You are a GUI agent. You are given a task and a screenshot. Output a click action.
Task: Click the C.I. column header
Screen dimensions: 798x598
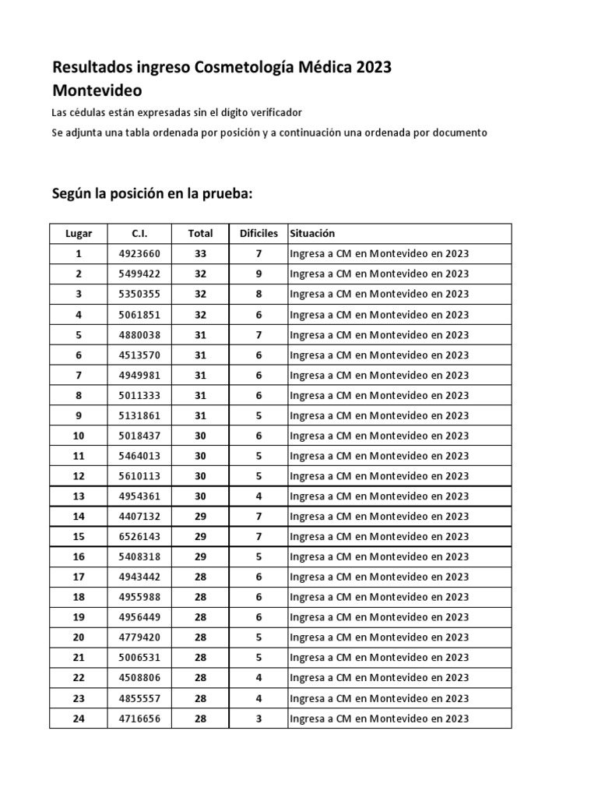point(140,234)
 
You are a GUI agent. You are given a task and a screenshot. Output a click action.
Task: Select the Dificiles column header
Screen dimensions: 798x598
point(259,234)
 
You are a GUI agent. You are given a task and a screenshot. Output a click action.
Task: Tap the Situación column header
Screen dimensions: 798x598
point(312,234)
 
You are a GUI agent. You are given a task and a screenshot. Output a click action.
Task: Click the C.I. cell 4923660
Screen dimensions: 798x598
point(140,254)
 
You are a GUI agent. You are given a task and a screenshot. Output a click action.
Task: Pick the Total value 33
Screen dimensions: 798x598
point(200,254)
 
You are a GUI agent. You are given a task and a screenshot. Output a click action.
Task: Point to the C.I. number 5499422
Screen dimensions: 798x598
point(140,274)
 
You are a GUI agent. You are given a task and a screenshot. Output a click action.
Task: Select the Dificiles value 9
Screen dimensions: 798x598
point(259,274)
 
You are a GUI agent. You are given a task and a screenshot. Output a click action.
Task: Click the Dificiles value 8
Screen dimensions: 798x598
point(259,295)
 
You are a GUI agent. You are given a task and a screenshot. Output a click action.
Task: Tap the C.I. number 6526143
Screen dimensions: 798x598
point(140,537)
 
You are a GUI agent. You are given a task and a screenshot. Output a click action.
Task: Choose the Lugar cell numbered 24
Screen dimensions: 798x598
point(78,719)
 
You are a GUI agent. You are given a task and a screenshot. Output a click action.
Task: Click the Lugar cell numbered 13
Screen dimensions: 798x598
point(78,496)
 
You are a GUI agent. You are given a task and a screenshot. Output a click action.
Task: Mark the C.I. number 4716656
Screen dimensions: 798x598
point(140,719)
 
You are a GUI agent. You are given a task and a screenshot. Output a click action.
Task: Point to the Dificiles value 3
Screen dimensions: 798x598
point(259,719)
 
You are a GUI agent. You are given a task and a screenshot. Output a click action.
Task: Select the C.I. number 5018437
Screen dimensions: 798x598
point(140,436)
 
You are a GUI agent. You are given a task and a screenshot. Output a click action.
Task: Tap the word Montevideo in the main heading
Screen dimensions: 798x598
point(97,91)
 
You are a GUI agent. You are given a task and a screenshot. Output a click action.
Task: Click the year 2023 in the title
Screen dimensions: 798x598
point(375,68)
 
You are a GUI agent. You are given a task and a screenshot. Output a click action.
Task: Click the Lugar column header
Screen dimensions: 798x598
point(78,234)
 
